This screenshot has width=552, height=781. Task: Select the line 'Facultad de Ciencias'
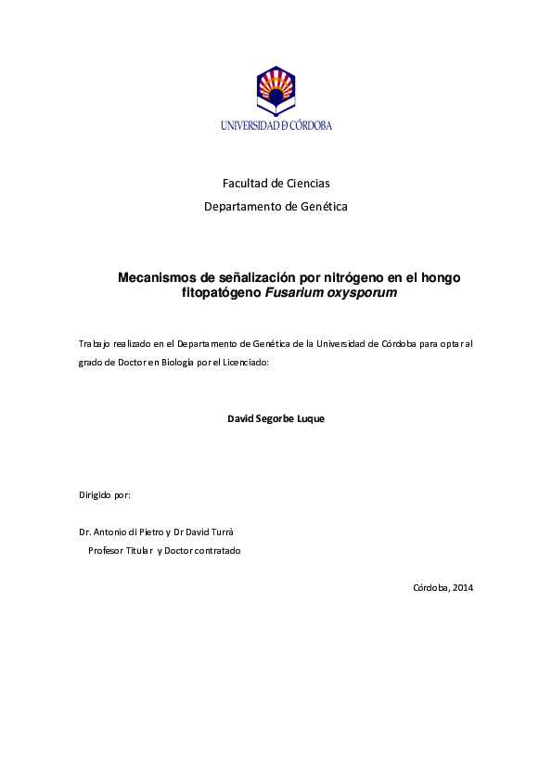point(276,184)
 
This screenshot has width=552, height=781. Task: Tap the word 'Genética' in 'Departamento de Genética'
point(325,207)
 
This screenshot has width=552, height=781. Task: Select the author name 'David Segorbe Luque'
point(276,418)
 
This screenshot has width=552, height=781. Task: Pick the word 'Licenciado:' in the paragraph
point(245,362)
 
